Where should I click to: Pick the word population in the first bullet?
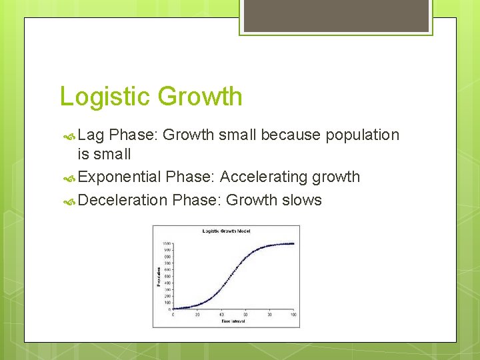point(363,135)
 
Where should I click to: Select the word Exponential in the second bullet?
point(120,177)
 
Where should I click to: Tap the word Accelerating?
point(262,177)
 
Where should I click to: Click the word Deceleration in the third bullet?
point(123,201)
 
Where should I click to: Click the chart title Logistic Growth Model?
point(227,231)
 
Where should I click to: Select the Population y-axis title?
point(158,277)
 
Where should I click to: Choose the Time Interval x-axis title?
point(233,321)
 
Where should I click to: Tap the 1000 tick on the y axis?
point(167,243)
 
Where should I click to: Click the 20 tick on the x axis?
point(197,314)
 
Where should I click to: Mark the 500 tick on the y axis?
point(167,276)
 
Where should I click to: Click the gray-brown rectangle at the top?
point(336,15)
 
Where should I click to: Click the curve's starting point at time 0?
point(173,308)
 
